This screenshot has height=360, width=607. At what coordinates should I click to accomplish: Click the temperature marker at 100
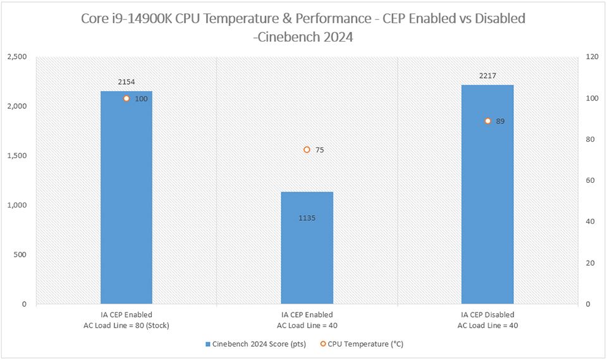(126, 99)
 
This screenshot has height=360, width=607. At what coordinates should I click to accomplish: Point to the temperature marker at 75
(307, 150)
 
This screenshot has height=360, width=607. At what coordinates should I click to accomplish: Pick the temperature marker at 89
(487, 121)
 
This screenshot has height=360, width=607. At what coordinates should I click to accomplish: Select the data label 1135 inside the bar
(307, 218)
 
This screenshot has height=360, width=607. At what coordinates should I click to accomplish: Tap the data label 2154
(126, 82)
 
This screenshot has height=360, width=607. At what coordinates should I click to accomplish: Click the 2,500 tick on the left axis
(16, 57)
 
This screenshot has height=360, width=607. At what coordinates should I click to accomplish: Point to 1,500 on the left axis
(16, 156)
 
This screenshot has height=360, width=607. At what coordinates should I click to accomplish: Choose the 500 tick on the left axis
(21, 254)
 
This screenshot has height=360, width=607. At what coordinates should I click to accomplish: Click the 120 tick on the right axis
(592, 57)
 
